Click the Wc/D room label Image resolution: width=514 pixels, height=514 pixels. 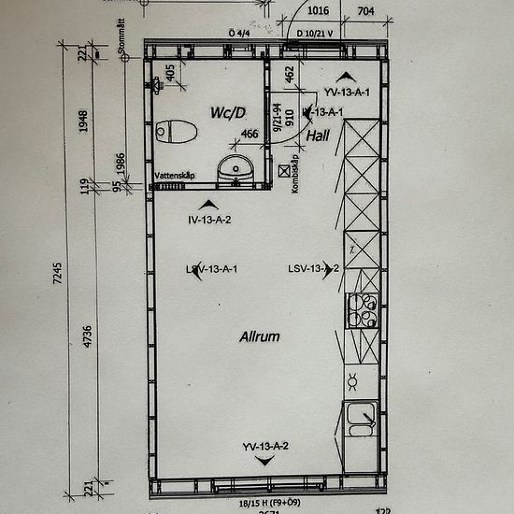pos(228,113)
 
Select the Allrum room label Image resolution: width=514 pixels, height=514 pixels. pos(260,336)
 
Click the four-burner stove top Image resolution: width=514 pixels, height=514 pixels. pos(362,309)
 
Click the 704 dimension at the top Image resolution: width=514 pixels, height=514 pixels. pos(365,12)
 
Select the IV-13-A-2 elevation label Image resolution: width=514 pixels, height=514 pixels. pos(209,220)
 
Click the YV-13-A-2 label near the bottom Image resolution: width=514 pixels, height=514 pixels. pos(265,446)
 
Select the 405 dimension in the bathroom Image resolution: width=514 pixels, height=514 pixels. pos(169,72)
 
